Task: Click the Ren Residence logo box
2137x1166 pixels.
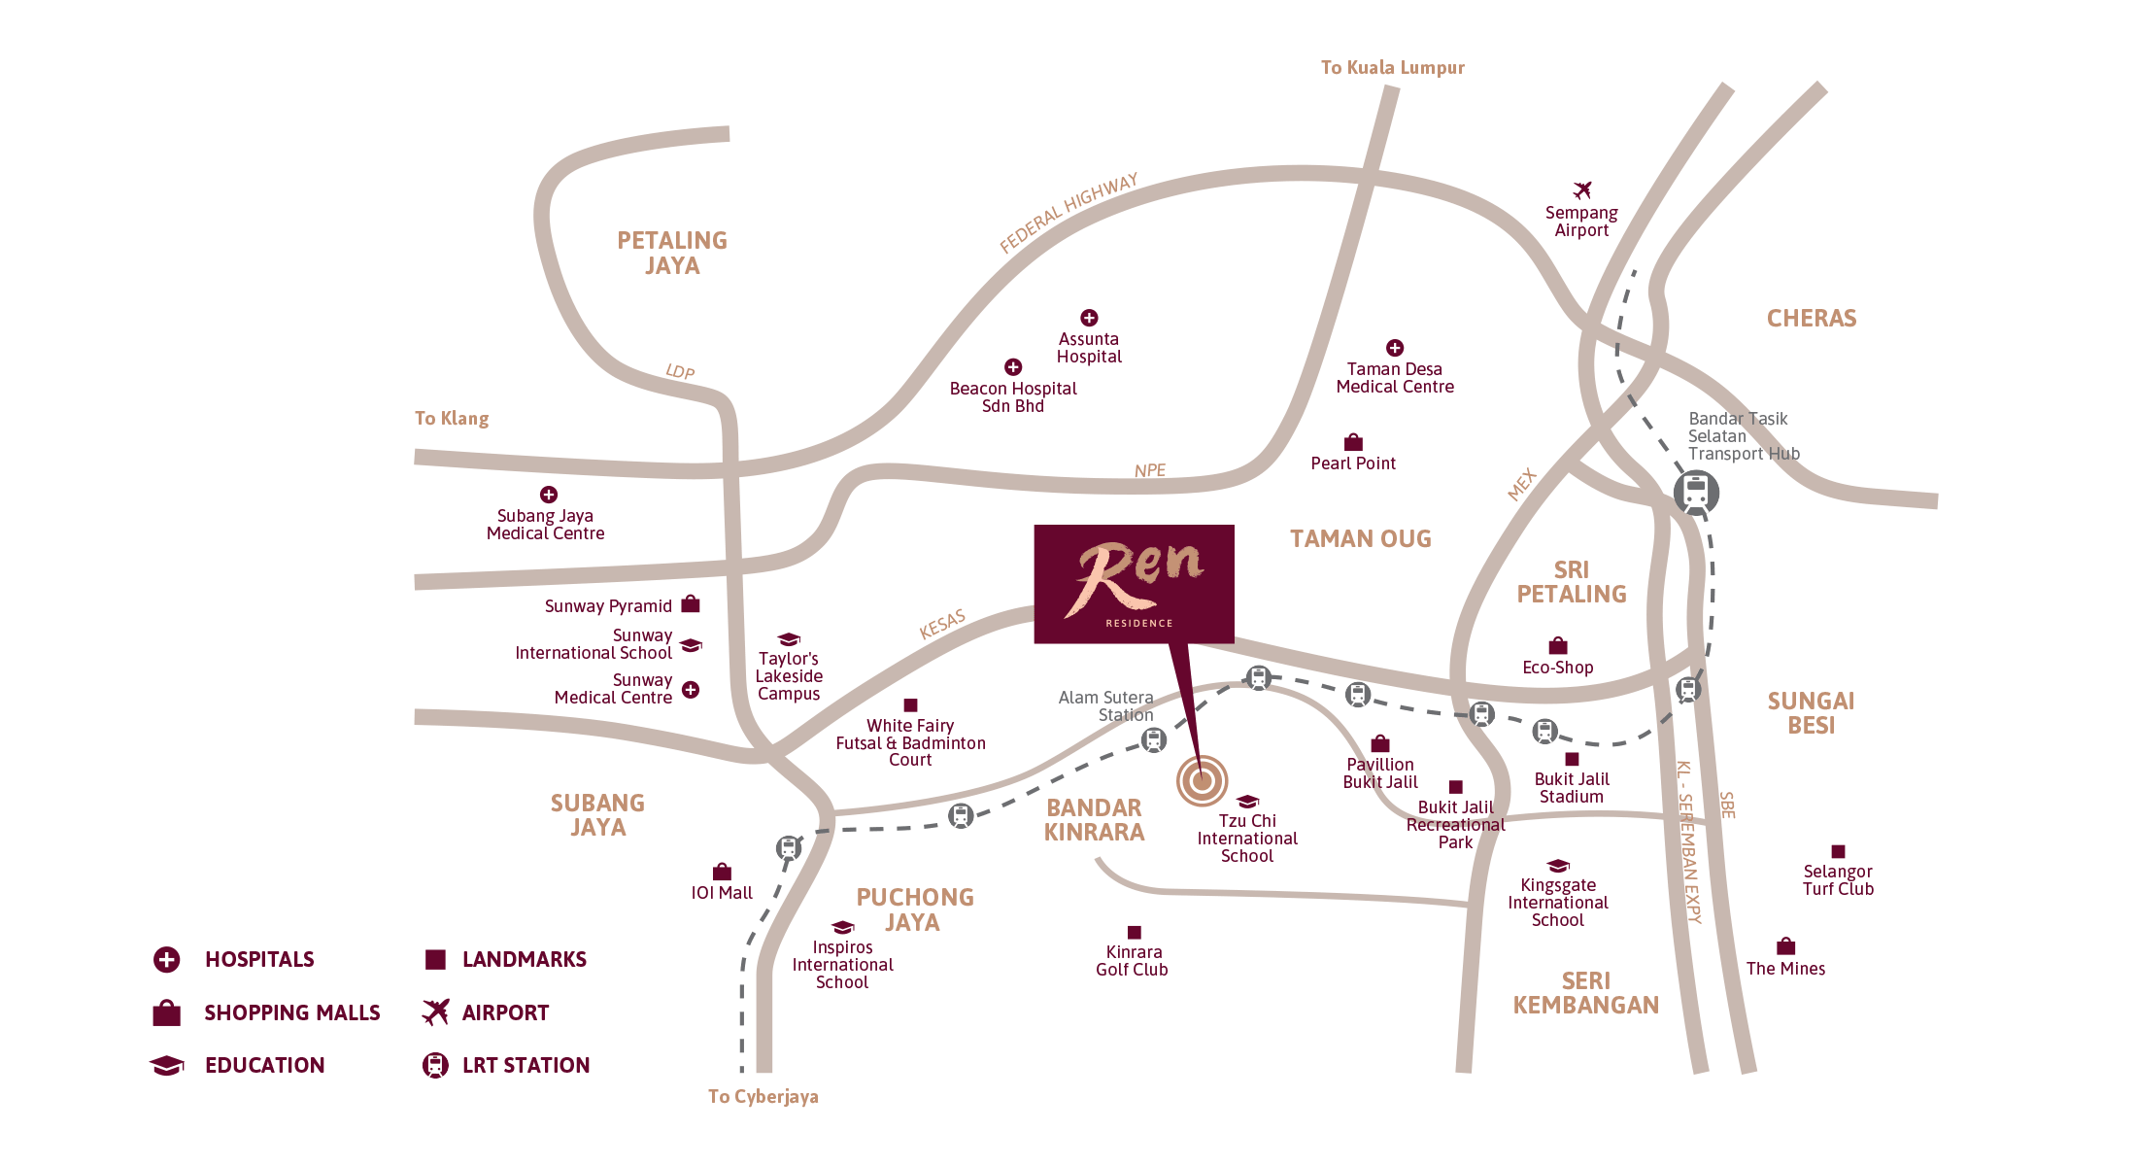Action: pos(1134,583)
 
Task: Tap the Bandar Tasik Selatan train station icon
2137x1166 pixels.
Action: pos(1696,493)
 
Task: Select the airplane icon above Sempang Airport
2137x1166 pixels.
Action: pos(1582,189)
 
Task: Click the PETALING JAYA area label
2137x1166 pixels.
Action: pos(672,253)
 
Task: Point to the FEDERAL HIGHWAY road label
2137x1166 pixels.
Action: pos(1068,213)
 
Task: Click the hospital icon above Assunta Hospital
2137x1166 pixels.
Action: pos(1089,318)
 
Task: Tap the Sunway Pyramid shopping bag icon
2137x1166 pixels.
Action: pos(691,604)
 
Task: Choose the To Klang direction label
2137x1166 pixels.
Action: pos(452,419)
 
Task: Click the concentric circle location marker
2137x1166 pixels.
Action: pos(1203,779)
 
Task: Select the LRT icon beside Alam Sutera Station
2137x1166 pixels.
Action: pos(1153,740)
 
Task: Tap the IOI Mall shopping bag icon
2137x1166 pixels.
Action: pos(722,872)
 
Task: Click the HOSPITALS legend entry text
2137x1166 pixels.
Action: pos(259,959)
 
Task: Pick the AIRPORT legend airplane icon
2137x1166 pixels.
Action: pos(435,1012)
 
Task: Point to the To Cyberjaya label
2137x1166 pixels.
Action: pos(763,1097)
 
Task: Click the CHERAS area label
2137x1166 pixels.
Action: pos(1812,319)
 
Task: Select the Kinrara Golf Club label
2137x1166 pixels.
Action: pos(1133,961)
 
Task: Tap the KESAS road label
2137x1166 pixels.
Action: pos(942,625)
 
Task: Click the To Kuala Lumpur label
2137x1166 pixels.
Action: pos(1392,68)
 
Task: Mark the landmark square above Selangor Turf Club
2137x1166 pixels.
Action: pos(1838,851)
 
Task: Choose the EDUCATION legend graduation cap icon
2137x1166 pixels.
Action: pos(167,1065)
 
